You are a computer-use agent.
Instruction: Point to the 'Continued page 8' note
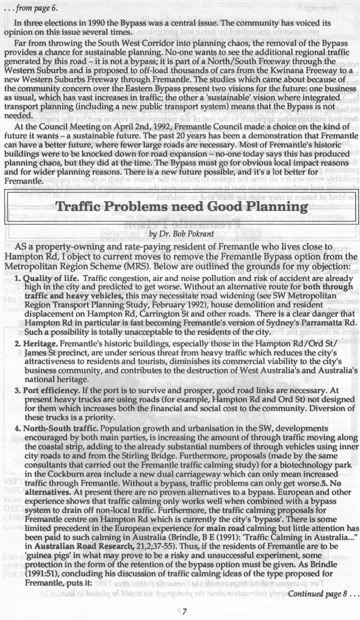[x=319, y=594]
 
